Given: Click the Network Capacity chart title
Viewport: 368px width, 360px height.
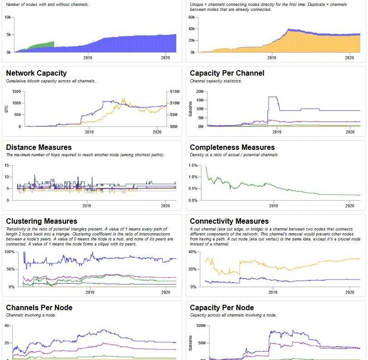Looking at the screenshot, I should point(36,73).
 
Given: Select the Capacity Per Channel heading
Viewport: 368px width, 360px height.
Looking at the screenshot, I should point(227,73).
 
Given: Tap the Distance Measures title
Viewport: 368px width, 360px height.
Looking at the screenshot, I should point(39,148).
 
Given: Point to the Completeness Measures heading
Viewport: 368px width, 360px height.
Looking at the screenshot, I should point(232,148).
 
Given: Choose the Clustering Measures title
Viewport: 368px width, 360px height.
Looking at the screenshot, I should point(42,221).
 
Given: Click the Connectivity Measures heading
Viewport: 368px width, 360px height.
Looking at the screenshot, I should point(229,221).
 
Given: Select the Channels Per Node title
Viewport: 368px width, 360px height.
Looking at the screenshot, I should point(39,308).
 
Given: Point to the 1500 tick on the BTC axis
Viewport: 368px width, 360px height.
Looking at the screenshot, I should point(16,91).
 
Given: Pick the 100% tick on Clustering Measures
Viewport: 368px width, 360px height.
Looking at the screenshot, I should point(10,252).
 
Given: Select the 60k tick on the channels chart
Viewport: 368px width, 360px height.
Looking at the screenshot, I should point(191,17).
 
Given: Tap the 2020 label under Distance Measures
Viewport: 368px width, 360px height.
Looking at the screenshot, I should point(165,206).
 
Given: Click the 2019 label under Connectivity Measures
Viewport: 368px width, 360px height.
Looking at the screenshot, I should point(272,293).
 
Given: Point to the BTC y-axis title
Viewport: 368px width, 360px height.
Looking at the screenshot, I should point(7,109).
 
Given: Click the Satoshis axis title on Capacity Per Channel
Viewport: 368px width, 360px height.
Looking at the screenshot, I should point(191,109).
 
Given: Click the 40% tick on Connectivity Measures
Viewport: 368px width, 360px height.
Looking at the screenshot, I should point(192,252).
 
